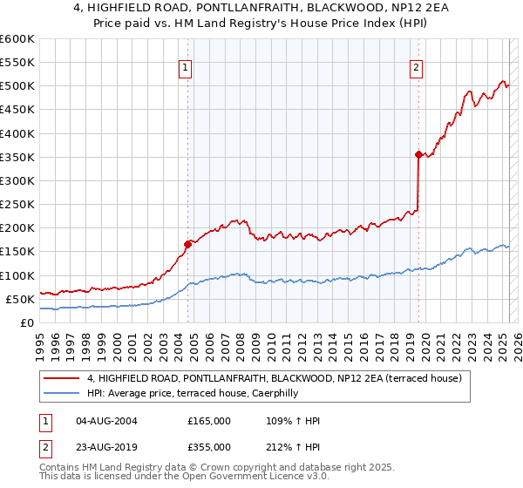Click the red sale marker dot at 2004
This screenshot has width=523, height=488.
click(187, 244)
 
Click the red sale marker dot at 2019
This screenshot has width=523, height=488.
click(418, 154)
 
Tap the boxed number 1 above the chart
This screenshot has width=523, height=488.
click(187, 69)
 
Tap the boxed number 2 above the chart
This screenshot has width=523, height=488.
click(417, 69)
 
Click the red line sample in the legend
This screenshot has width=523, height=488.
click(62, 378)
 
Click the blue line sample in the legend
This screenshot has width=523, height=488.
click(62, 393)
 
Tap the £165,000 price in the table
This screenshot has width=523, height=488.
click(209, 421)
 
